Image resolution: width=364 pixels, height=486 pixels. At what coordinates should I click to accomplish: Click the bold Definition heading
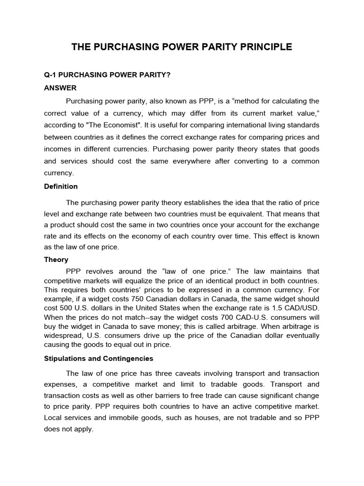tap(61, 187)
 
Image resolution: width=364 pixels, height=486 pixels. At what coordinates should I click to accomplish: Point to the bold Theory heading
tap(56, 260)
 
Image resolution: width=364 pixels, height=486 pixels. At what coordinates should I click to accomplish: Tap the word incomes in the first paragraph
tap(57, 150)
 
